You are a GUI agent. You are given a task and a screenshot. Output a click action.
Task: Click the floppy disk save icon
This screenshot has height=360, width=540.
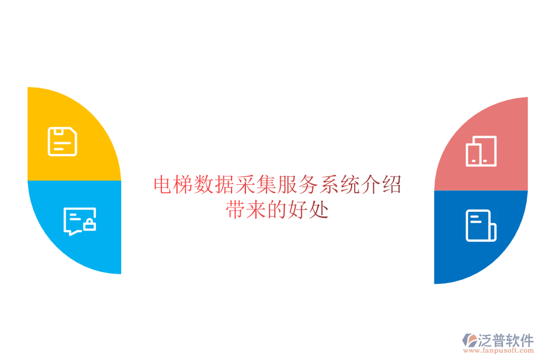62,142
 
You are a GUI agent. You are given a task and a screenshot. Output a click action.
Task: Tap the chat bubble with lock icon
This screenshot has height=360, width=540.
79,221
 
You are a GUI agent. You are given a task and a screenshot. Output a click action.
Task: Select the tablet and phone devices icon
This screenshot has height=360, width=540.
481,151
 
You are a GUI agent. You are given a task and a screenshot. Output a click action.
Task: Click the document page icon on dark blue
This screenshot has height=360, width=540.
481,226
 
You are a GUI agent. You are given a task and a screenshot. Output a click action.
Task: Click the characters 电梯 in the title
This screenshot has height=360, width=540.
175,185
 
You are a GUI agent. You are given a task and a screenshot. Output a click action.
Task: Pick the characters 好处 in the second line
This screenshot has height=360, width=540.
308,211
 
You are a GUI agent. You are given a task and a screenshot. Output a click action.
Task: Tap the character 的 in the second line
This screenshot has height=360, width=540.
278,211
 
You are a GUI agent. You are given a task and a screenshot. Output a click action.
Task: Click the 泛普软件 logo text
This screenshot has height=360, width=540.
506,341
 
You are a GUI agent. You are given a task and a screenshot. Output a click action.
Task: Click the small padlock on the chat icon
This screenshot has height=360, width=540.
89,226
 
